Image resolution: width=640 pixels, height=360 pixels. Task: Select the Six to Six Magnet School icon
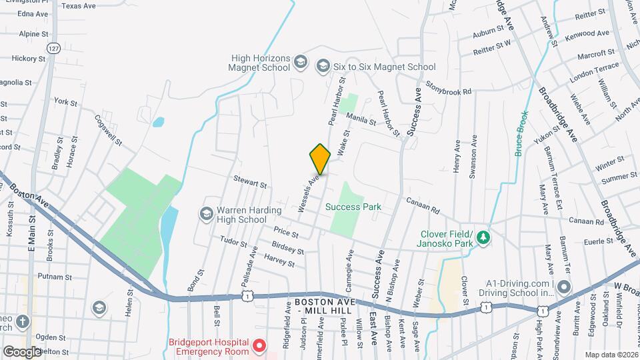(x=323, y=65)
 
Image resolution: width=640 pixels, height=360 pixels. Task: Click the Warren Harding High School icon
(x=207, y=213)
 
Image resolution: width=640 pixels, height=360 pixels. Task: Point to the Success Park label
(x=353, y=207)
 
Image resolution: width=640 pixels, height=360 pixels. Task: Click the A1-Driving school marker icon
(x=564, y=287)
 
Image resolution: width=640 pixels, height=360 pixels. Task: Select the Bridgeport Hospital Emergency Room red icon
(x=259, y=347)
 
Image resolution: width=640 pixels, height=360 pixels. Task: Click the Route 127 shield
(x=53, y=47)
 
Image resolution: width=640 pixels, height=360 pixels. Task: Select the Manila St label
(x=362, y=119)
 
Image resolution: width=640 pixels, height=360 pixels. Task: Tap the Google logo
(x=22, y=351)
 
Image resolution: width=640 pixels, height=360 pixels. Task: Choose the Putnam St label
(x=55, y=277)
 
